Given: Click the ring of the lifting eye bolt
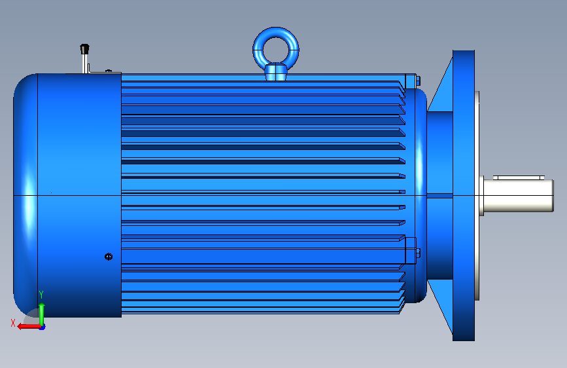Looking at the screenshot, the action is tap(276, 31).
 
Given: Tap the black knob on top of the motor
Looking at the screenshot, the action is tap(84, 49).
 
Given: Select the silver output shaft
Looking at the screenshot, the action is tap(518, 196).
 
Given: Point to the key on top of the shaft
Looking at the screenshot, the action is tap(519, 177).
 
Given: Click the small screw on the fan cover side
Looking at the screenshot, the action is tap(109, 257).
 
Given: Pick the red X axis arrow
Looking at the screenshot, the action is tap(29, 327).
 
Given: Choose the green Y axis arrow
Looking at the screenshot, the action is tap(42, 314).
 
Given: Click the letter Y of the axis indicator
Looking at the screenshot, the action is tap(41, 295).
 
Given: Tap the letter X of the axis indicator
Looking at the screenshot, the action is tap(13, 323).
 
